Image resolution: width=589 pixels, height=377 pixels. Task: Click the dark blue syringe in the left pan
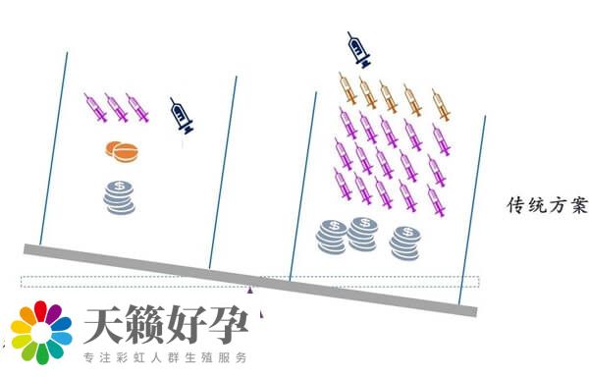(x=182, y=115)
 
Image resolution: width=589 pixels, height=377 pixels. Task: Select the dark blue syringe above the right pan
(x=360, y=49)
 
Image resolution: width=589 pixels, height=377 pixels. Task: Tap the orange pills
(x=122, y=151)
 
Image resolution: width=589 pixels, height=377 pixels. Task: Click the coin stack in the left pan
(x=120, y=196)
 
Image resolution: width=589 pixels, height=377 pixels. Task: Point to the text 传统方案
(x=546, y=206)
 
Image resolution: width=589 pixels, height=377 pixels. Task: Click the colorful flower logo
(x=41, y=334)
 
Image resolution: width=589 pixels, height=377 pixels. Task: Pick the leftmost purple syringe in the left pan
(x=96, y=107)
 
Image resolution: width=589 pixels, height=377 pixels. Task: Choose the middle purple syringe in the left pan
(x=117, y=107)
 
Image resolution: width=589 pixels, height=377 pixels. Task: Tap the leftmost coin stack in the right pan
(x=331, y=237)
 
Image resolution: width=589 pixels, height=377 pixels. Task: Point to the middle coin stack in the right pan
(x=363, y=232)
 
